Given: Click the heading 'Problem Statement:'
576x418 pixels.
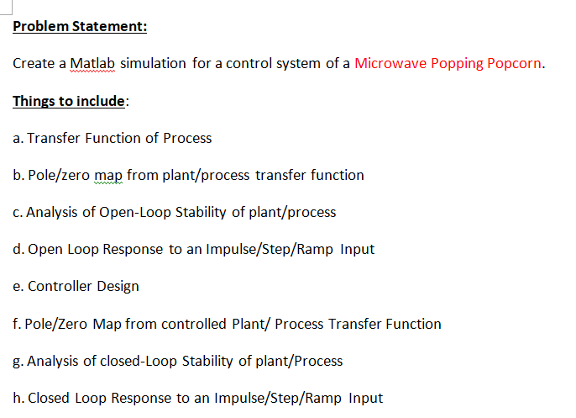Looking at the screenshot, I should [80, 26].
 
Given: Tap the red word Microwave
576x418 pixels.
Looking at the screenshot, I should [390, 64].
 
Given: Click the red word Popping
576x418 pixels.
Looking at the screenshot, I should [454, 64].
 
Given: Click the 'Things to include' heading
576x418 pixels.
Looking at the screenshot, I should [68, 101].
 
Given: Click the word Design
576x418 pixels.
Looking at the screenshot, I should [118, 286].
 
